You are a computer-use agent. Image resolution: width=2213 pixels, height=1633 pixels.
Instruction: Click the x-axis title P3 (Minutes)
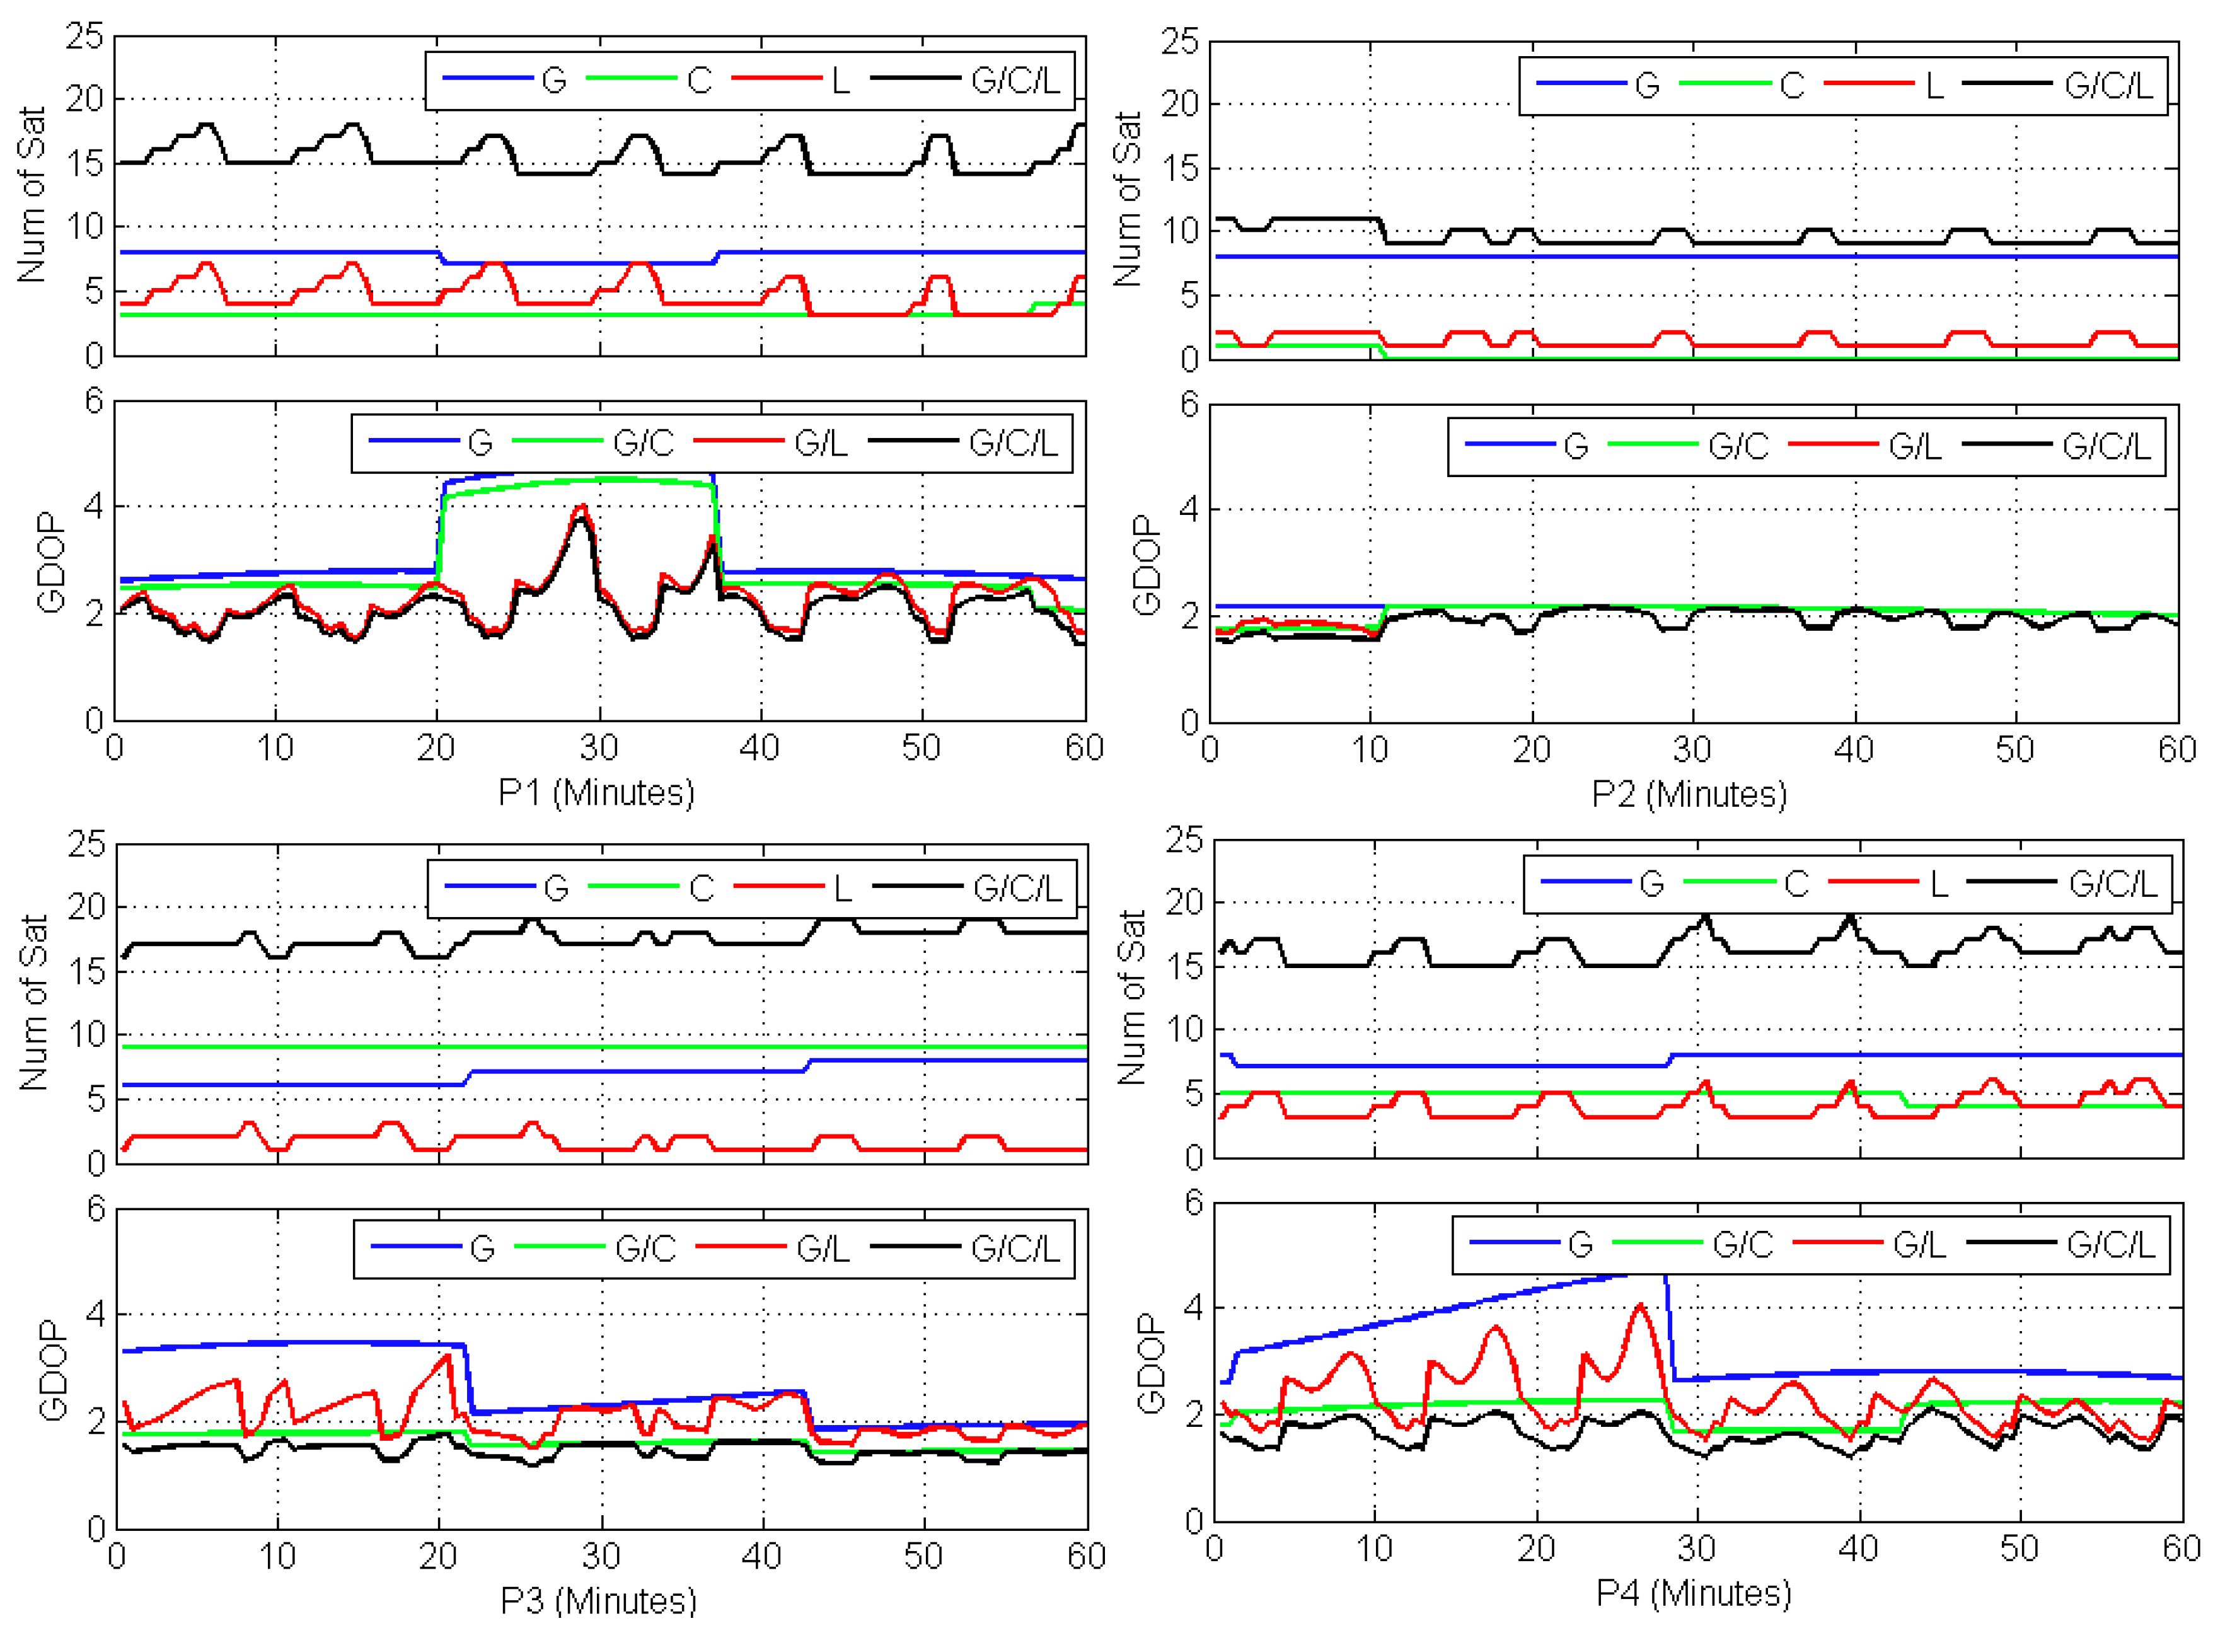click(598, 1600)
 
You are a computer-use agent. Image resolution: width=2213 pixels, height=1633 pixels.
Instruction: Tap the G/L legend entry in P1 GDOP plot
click(821, 443)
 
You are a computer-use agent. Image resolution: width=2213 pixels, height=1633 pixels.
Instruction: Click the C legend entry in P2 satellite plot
click(1792, 86)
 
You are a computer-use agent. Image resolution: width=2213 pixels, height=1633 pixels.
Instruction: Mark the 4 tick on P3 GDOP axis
click(95, 1315)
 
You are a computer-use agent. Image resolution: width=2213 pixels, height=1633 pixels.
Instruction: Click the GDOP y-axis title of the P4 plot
click(1150, 1363)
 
